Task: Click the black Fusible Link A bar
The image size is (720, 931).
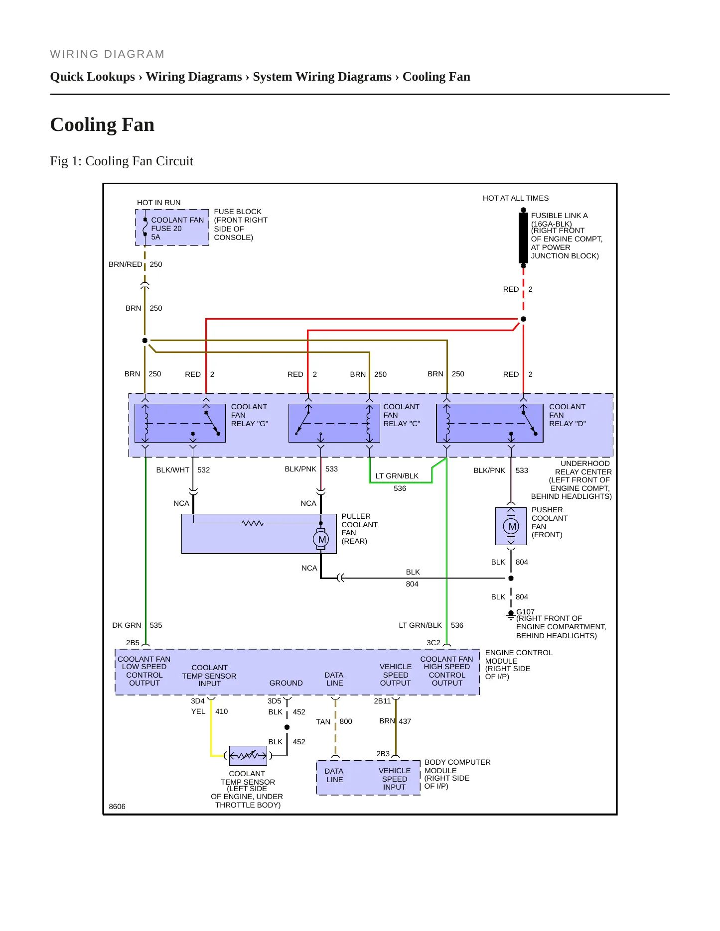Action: coord(523,238)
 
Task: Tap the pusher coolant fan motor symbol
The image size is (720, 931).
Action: coord(511,526)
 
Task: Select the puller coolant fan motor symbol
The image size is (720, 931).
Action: coord(321,539)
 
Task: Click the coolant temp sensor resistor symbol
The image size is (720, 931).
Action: coord(248,755)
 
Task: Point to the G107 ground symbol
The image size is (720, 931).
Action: coord(511,616)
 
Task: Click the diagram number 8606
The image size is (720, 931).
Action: coord(117,807)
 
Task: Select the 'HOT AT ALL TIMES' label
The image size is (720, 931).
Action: coord(516,198)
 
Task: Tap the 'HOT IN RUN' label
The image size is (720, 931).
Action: coord(159,203)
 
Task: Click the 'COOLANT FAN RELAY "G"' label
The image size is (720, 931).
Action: coord(250,415)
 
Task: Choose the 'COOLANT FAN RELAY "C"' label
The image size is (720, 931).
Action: coord(402,415)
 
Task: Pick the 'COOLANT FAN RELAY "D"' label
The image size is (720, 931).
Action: coord(568,415)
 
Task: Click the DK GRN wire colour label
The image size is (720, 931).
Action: coord(127,625)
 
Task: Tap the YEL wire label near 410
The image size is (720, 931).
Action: coord(198,711)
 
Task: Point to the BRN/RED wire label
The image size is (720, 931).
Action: coord(126,264)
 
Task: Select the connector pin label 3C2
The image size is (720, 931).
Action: coord(433,643)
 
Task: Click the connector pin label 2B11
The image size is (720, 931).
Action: coord(382,701)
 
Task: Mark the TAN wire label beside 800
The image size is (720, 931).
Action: coord(323,722)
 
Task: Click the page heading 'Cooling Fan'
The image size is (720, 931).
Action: coord(103,124)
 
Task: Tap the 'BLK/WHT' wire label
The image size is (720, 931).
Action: coord(173,470)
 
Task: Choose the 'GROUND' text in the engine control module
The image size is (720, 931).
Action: coord(286,683)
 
